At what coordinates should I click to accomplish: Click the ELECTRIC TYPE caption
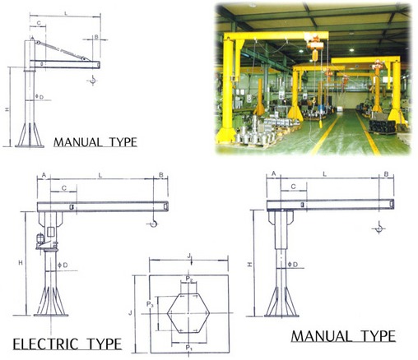67,344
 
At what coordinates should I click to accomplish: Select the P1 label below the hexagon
188,348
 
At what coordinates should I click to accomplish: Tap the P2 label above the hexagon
189,279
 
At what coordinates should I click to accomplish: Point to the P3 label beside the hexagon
150,303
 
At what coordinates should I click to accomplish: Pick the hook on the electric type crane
153,223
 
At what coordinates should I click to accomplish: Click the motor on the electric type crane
40,239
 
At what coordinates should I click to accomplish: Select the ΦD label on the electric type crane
63,265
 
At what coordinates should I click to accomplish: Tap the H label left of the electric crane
21,262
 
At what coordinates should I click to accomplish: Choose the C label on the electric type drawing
63,188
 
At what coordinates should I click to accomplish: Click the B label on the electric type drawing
161,175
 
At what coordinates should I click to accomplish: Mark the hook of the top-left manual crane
93,80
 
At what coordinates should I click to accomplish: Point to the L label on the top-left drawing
65,13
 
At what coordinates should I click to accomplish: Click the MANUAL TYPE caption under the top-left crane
95,142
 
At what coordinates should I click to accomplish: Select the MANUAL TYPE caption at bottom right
343,336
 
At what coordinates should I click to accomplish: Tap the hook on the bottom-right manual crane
379,228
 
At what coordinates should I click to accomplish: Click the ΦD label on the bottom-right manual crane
293,265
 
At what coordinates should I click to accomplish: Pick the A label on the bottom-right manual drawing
273,173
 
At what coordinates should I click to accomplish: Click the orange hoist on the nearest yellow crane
314,46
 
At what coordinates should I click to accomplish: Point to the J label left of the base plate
131,312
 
